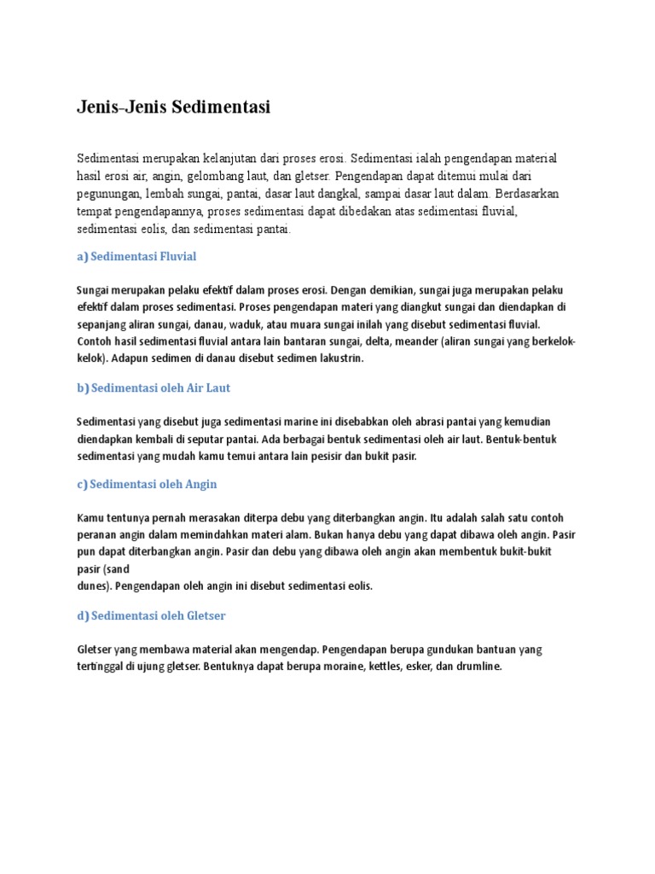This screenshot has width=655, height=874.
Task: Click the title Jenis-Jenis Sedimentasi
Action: tap(174, 108)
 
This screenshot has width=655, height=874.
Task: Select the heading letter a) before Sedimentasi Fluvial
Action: tap(83, 256)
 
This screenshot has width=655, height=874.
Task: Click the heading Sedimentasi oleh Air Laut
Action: tap(160, 387)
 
